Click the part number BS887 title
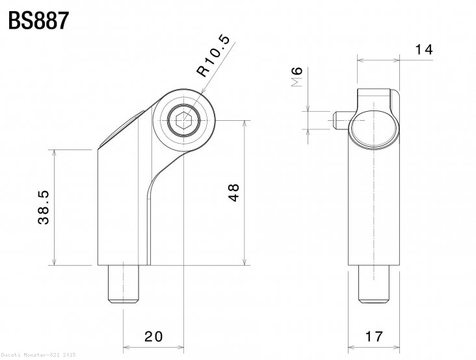pyautogui.click(x=37, y=21)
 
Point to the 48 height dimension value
pyautogui.click(x=233, y=192)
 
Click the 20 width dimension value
pyautogui.click(x=153, y=336)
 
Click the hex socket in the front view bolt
pyautogui.click(x=183, y=120)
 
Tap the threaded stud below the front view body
pyautogui.click(x=124, y=287)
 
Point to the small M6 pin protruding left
pyautogui.click(x=339, y=120)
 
